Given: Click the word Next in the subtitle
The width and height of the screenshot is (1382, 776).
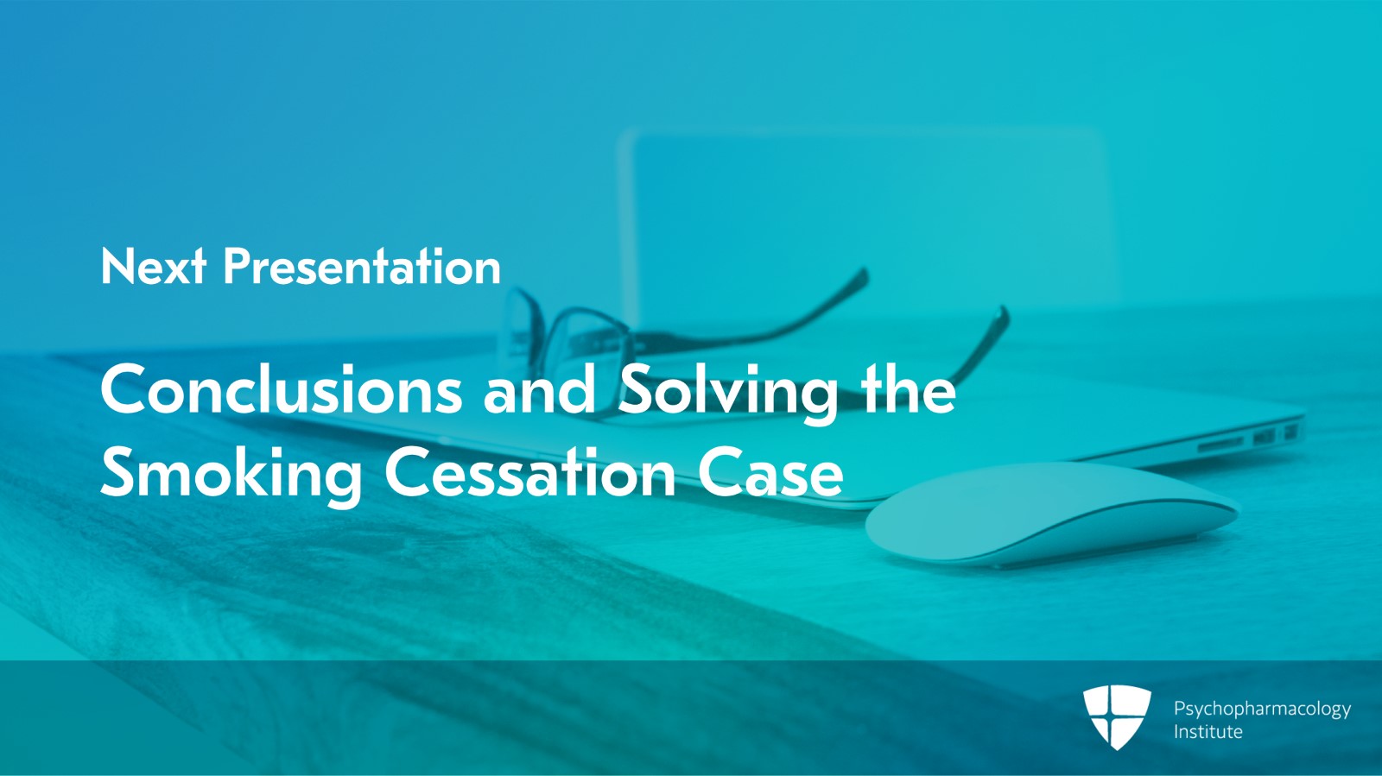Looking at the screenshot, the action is (x=153, y=266).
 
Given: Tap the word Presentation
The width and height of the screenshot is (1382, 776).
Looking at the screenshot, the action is (x=362, y=266).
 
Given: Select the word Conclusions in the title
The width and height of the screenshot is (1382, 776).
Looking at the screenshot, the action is (x=281, y=389).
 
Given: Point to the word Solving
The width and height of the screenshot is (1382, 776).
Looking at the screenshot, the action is (x=728, y=394).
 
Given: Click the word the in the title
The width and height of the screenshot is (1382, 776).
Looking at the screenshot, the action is (x=908, y=389).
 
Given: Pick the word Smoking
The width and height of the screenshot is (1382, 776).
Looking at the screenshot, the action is (x=231, y=476).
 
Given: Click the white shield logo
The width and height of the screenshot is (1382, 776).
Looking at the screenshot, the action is (x=1117, y=716).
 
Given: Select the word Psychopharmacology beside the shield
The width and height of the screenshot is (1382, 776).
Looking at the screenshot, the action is (x=1262, y=710).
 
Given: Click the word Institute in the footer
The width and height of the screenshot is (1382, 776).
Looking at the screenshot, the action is (x=1208, y=732).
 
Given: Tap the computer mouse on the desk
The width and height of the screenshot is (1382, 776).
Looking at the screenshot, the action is (x=1052, y=514).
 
